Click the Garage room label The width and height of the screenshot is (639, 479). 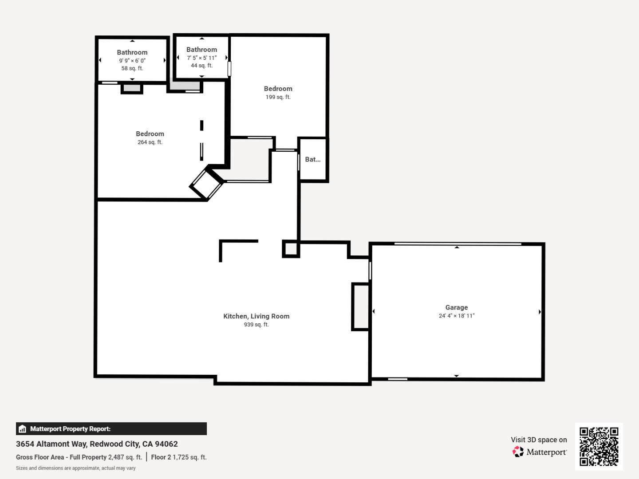456,307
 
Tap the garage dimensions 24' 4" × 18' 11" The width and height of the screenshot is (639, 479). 456,316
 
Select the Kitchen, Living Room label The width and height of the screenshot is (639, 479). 256,316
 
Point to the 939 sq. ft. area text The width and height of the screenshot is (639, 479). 256,325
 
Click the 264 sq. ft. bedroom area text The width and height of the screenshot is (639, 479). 150,142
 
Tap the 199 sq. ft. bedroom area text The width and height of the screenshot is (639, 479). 278,97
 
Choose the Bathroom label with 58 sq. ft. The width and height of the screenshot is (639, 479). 132,52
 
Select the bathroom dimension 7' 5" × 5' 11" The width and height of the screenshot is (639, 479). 201,58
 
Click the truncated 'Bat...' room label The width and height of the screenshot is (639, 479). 312,160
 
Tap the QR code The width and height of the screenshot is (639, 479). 599,447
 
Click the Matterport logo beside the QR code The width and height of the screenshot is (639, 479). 540,452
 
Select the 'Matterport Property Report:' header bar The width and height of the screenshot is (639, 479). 111,429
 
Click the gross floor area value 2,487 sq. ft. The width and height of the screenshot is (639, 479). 125,457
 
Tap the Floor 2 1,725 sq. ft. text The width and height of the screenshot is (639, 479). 178,457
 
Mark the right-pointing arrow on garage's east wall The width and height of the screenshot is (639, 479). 540,312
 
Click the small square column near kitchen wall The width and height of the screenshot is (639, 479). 291,249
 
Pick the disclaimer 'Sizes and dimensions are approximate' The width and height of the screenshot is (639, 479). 75,468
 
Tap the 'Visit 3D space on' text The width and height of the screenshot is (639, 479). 538,440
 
